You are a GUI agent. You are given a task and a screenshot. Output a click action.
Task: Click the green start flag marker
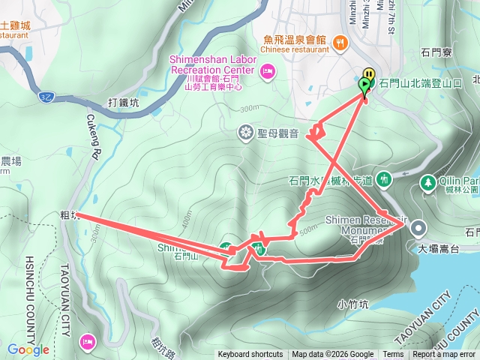tap(365, 85)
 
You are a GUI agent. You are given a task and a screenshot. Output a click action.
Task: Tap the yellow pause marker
tap(367, 74)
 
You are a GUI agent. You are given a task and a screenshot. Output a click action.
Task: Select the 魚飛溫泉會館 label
tap(295, 40)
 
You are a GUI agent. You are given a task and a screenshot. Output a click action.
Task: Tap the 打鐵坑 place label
tap(123, 102)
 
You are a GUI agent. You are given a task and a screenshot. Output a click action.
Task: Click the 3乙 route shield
tap(47, 97)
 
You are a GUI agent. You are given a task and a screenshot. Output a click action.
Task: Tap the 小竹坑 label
tap(352, 304)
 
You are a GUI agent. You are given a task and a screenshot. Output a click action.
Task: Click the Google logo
tap(28, 349)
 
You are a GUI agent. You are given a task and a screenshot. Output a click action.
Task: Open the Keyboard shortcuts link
tap(250, 355)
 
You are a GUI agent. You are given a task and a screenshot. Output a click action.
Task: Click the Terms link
tap(393, 355)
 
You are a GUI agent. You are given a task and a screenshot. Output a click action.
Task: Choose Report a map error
tap(443, 355)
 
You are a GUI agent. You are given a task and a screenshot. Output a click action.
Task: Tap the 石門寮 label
tap(436, 53)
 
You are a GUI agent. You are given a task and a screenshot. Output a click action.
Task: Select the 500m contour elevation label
tap(307, 230)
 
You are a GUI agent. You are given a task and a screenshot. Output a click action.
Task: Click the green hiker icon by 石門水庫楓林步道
tap(384, 179)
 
